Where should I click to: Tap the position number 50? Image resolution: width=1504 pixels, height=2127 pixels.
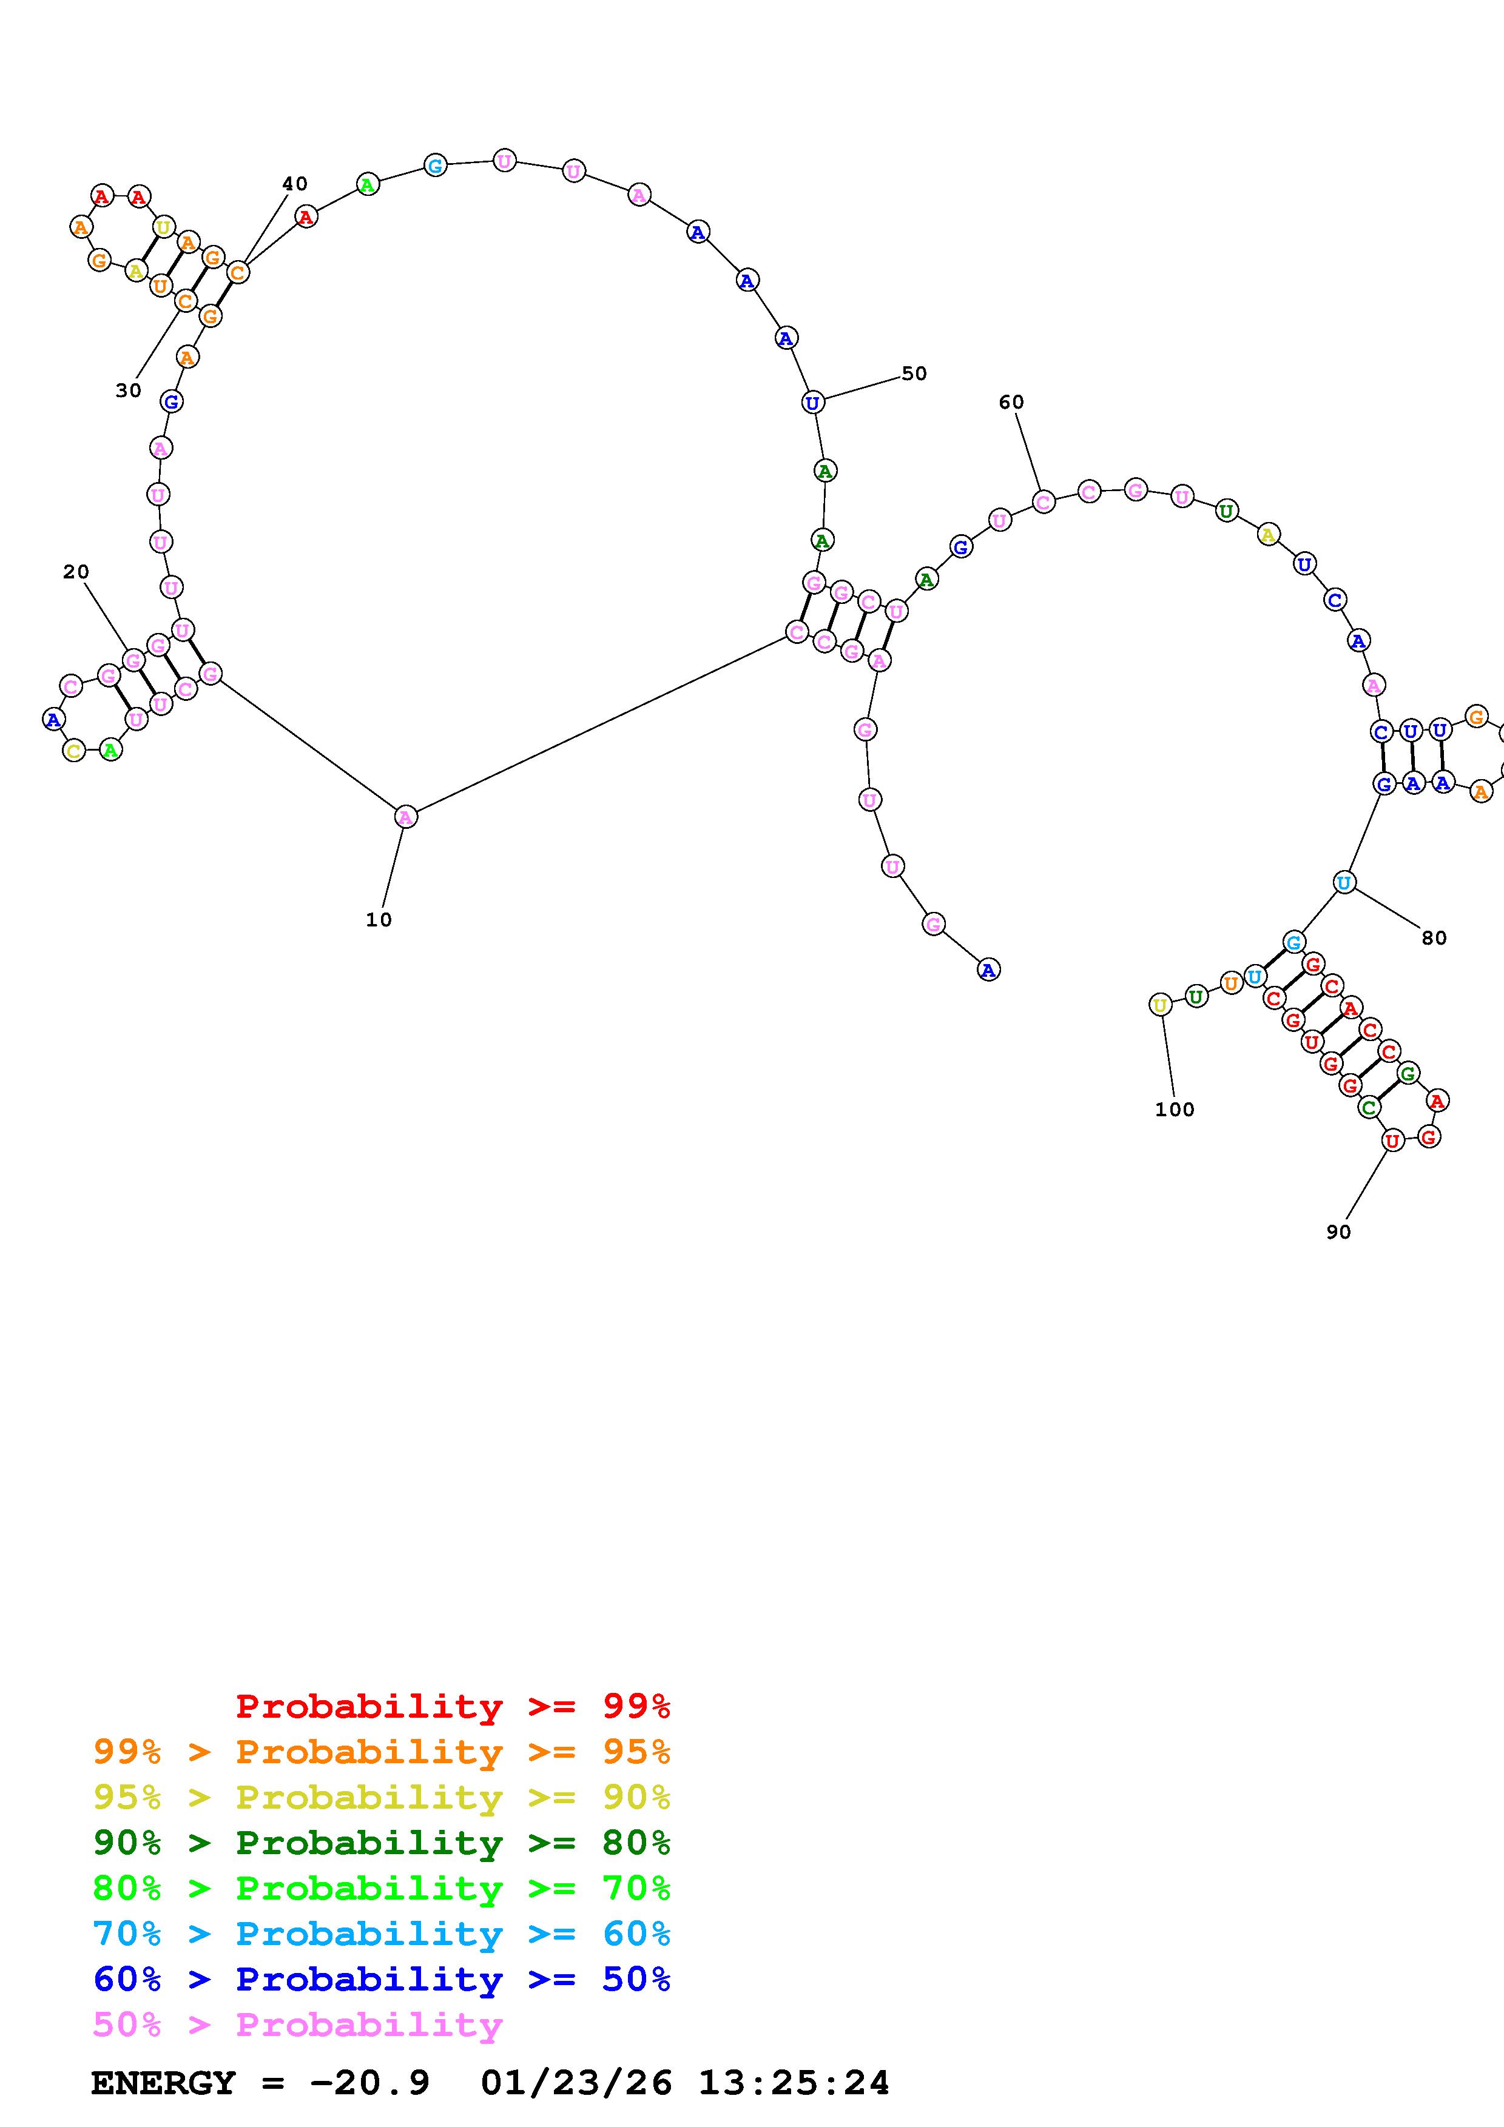[x=914, y=373]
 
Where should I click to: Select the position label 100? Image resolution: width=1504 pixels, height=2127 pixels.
[x=1174, y=1109]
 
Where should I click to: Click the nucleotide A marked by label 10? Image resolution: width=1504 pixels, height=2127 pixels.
[x=405, y=816]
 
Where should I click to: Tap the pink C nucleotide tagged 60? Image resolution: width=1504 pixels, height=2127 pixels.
[x=1044, y=502]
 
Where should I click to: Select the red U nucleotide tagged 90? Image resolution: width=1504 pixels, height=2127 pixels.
[x=1392, y=1141]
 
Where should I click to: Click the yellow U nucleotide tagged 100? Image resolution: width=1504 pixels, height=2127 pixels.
[x=1159, y=1004]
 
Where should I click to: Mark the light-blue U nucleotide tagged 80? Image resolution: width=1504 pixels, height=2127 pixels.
[x=1344, y=882]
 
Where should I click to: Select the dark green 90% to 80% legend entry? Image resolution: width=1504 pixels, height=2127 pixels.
[x=382, y=1843]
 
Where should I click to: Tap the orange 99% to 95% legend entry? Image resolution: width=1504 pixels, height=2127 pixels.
[x=382, y=1751]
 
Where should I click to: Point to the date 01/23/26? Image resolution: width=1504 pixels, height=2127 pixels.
[x=576, y=2083]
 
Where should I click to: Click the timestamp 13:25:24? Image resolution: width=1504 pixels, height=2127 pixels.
[x=793, y=2083]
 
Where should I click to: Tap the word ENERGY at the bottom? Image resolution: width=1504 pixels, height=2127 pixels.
[x=163, y=2083]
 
